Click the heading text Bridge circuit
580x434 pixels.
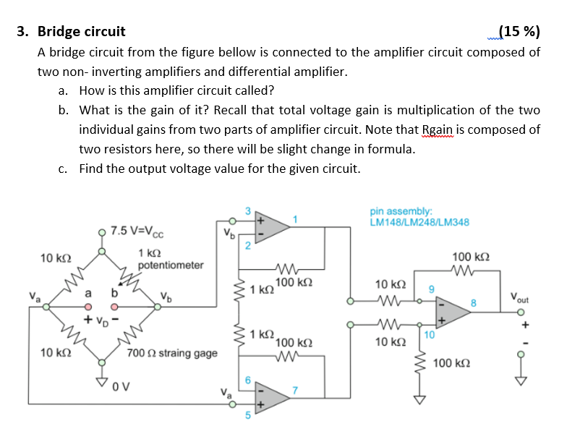[81, 31]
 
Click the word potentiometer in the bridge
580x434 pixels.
[171, 265]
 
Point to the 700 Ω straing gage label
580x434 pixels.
[171, 353]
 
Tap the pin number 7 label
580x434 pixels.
[294, 391]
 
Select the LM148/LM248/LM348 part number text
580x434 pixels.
[419, 222]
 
